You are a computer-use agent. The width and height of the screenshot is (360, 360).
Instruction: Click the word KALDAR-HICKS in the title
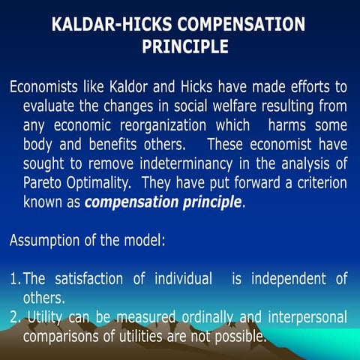(x=106, y=24)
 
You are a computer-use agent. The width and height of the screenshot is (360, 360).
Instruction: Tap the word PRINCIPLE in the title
(x=185, y=47)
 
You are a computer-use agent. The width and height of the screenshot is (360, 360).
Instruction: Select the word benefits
(x=112, y=143)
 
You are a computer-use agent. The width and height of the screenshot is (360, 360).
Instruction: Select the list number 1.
(x=14, y=280)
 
